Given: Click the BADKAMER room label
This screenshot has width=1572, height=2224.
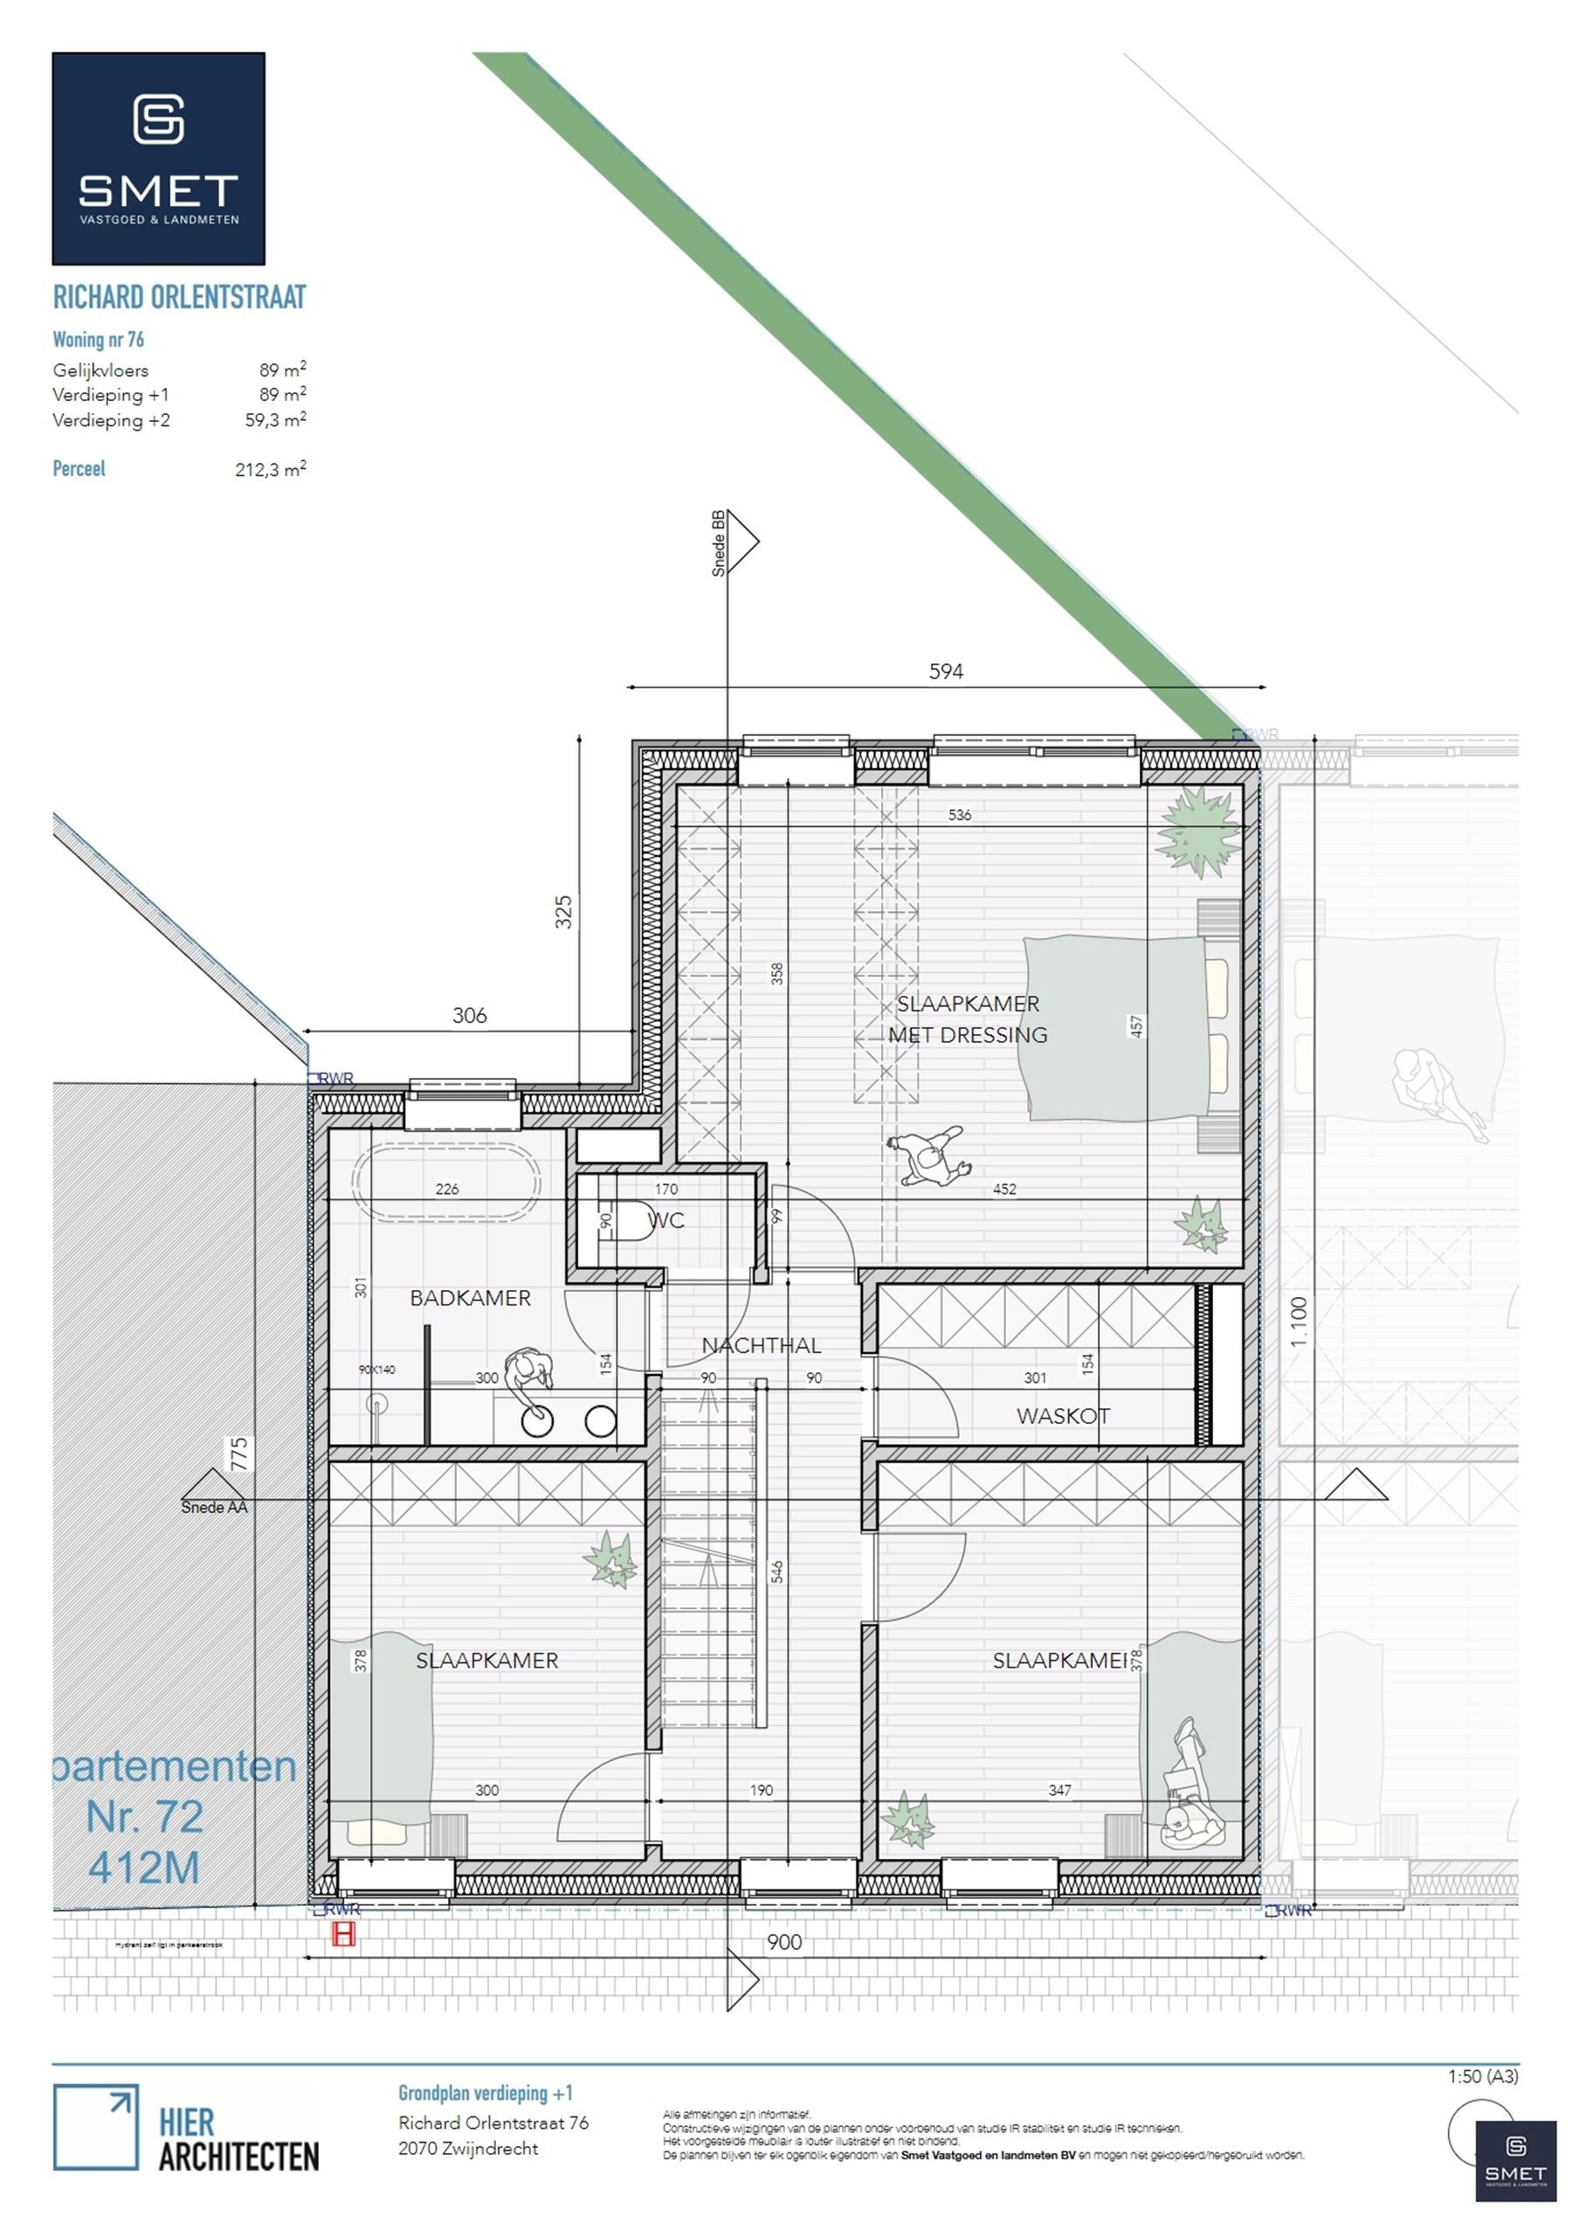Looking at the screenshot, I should [470, 1298].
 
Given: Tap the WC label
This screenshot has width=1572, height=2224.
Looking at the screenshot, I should [666, 1220].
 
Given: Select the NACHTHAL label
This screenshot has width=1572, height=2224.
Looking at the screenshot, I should [762, 1345].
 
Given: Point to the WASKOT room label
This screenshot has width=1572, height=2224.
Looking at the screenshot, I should [1063, 1416].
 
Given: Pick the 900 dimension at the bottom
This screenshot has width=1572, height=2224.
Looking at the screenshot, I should [783, 1942].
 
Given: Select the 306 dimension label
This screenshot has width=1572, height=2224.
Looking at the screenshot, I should [469, 1015].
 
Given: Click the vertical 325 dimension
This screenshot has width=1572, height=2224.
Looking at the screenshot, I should [563, 913].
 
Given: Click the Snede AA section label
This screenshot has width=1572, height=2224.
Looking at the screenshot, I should [214, 1507].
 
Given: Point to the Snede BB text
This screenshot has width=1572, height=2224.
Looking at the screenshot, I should [718, 543].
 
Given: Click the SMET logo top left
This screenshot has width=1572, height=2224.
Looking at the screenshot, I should [158, 159].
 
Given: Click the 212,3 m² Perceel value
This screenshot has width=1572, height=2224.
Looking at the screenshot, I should [270, 470].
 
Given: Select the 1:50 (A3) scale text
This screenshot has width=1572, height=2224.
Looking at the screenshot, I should [1483, 2076].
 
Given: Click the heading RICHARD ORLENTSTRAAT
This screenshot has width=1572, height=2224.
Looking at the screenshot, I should [179, 297].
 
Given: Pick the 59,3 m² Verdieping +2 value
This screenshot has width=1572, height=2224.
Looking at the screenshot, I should [275, 420].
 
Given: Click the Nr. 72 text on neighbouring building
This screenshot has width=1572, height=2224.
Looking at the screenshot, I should [144, 1817].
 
